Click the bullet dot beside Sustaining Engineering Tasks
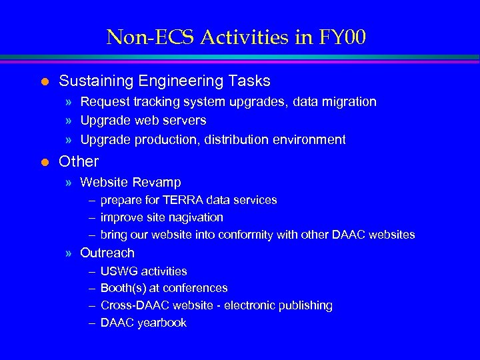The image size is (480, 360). pyautogui.click(x=45, y=81)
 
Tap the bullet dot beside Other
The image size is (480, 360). pyautogui.click(x=45, y=161)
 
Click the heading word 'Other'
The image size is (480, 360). pyautogui.click(x=79, y=161)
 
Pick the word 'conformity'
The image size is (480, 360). pyautogui.click(x=279, y=235)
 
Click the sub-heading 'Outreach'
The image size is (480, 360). pyautogui.click(x=107, y=253)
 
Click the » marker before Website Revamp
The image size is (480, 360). pyautogui.click(x=69, y=182)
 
